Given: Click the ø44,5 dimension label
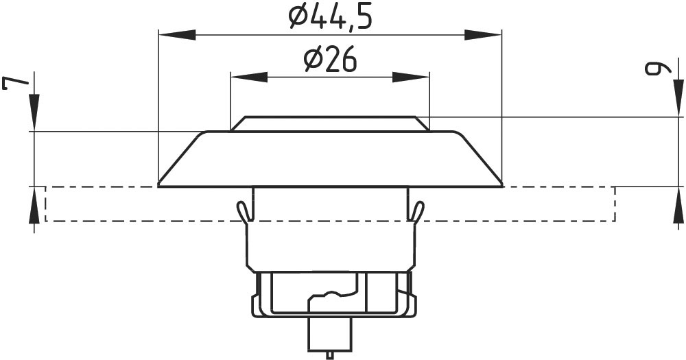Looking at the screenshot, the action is click(330, 18).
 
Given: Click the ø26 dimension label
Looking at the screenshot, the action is click(330, 60).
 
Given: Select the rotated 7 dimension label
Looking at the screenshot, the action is click(15, 82).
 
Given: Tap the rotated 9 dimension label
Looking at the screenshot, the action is click(658, 69).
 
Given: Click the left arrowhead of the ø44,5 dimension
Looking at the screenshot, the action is click(177, 35).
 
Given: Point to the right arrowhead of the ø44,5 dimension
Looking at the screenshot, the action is click(482, 35).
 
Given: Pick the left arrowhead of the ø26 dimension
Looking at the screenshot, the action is click(249, 77).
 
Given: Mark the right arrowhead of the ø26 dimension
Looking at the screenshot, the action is click(411, 77).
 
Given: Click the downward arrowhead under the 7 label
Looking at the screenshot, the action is click(34, 112).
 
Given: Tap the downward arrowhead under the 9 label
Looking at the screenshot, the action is click(679, 99).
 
